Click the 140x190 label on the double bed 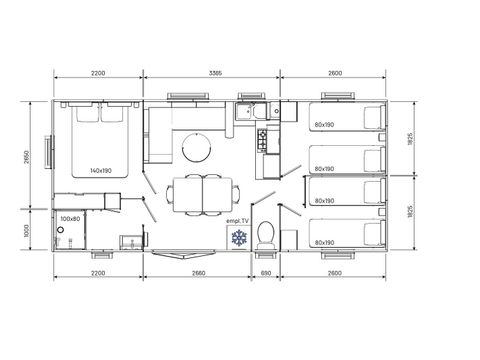99,172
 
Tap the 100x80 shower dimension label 71,218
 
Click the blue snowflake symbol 238,238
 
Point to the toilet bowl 265,236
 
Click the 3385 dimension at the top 210,73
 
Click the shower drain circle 61,229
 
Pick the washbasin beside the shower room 130,241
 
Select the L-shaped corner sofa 160,135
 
